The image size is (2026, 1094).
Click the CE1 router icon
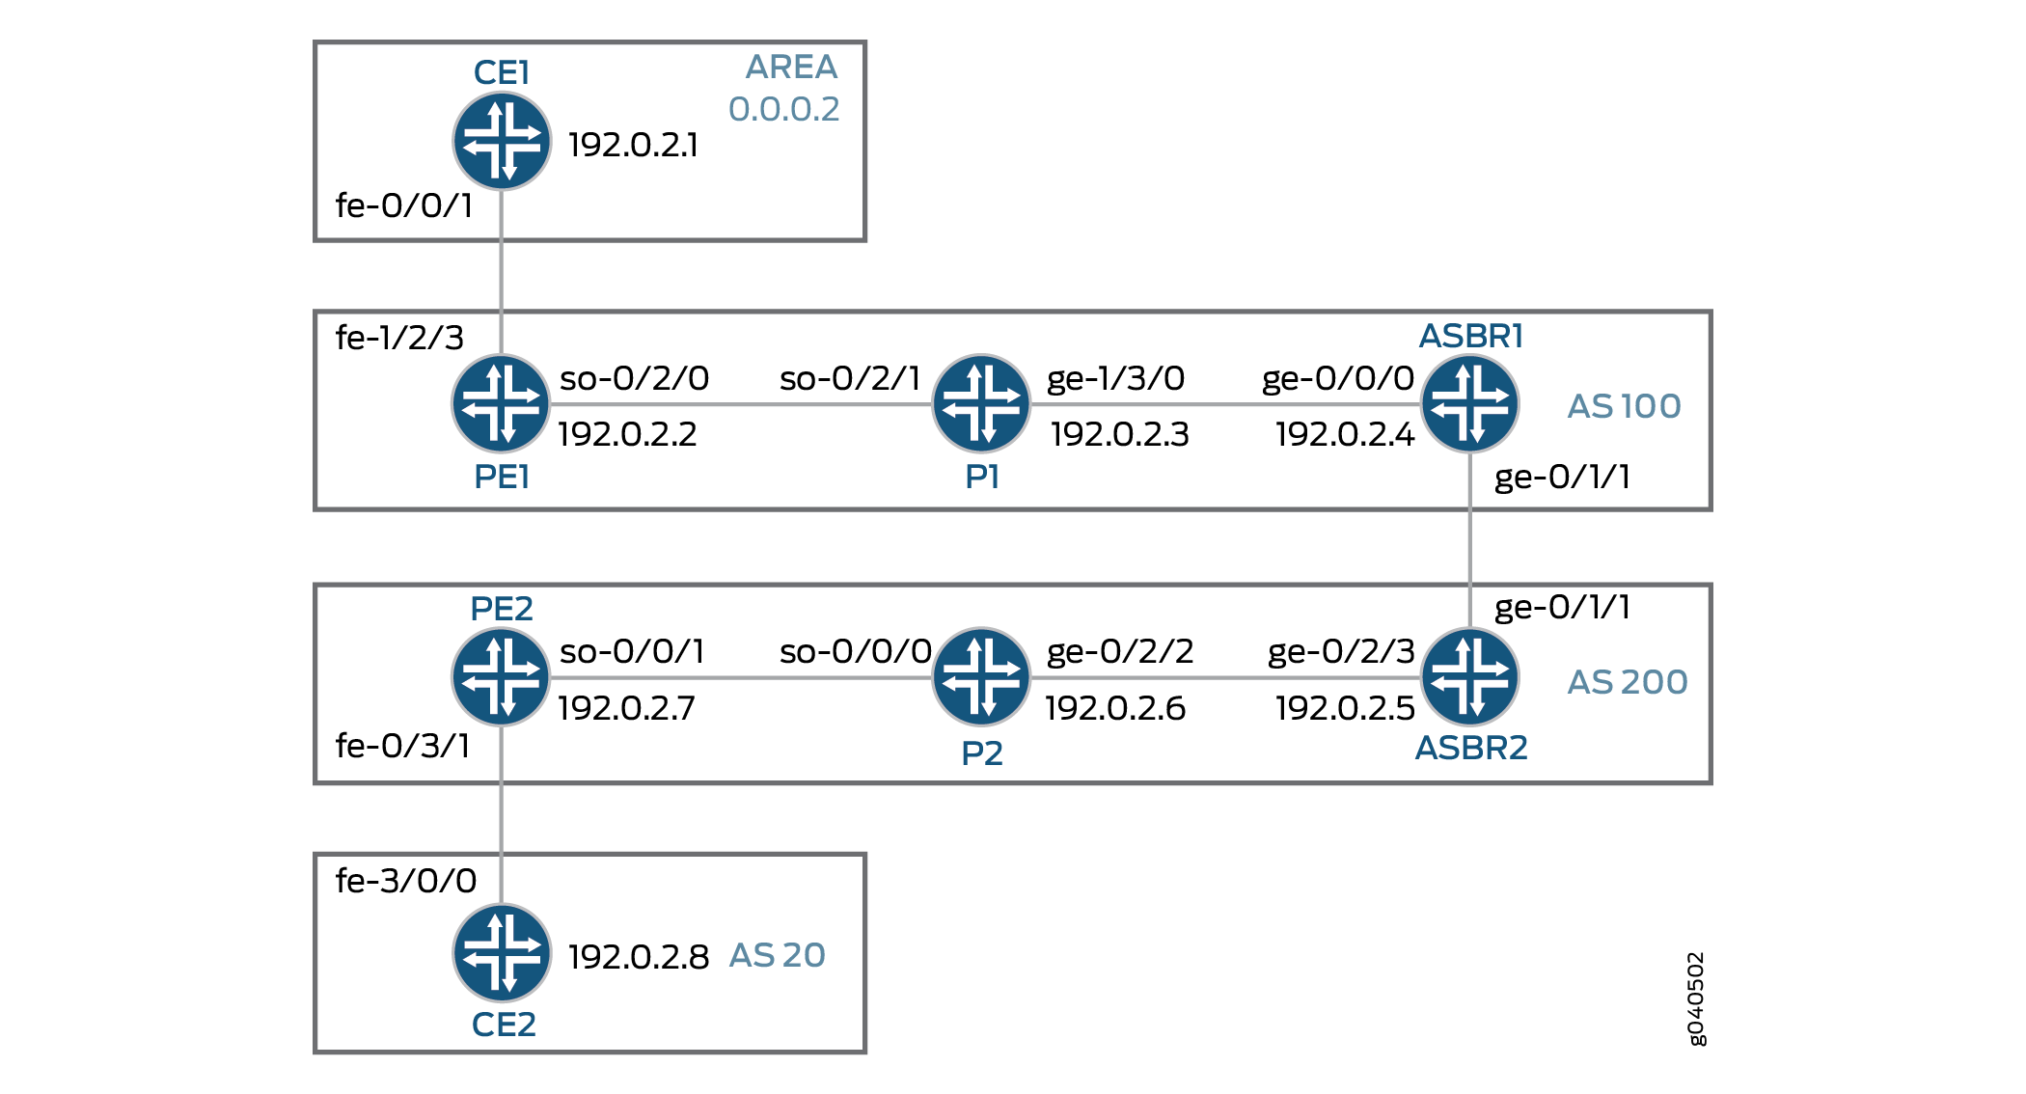pyautogui.click(x=502, y=141)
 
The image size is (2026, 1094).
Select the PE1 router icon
pyautogui.click(x=501, y=403)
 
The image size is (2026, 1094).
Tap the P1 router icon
pyautogui.click(x=981, y=403)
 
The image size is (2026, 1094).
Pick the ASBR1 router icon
pyautogui.click(x=1470, y=403)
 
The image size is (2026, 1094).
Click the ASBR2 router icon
pyautogui.click(x=1470, y=677)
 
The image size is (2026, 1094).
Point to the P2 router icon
pyautogui.click(x=981, y=677)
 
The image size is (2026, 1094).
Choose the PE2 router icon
pyautogui.click(x=501, y=677)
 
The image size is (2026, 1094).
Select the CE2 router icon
pyautogui.click(x=502, y=953)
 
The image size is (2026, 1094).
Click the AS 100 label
pyautogui.click(x=1624, y=406)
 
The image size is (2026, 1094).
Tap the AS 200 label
pyautogui.click(x=1627, y=682)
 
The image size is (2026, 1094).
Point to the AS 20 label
pyautogui.click(x=777, y=955)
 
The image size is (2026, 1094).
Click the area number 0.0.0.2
pyautogui.click(x=783, y=109)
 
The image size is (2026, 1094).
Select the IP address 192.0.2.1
pyautogui.click(x=633, y=145)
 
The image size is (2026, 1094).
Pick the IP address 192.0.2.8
pyautogui.click(x=639, y=957)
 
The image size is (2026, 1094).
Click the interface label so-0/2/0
pyautogui.click(x=634, y=378)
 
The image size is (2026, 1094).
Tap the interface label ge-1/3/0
pyautogui.click(x=1116, y=378)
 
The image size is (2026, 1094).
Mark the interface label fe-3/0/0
pyautogui.click(x=406, y=881)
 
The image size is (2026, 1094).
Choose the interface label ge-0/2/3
pyautogui.click(x=1341, y=652)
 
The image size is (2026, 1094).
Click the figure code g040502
pyautogui.click(x=1696, y=998)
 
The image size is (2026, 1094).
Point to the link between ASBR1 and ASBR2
pyautogui.click(x=1470, y=540)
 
